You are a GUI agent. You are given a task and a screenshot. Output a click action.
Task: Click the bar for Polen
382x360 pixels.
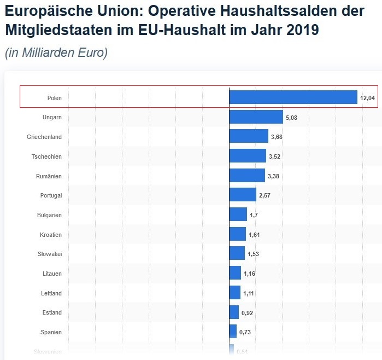click(x=293, y=97)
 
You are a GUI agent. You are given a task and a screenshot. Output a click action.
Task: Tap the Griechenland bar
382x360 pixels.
click(x=249, y=137)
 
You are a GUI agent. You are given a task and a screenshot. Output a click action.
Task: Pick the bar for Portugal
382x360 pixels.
click(x=243, y=195)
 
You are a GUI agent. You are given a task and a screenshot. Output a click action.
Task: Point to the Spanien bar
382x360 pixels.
click(x=233, y=332)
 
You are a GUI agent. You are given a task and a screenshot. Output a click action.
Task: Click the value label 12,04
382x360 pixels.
click(x=367, y=98)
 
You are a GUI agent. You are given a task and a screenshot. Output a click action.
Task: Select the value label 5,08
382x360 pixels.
click(x=291, y=118)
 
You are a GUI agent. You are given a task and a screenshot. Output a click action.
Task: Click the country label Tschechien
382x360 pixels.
click(x=46, y=156)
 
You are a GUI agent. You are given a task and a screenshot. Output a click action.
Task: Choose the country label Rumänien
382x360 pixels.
click(x=49, y=176)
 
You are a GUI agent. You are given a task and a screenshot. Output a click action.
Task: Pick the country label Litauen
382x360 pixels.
click(x=52, y=274)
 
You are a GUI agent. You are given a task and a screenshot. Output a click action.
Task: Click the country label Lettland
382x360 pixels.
click(x=51, y=293)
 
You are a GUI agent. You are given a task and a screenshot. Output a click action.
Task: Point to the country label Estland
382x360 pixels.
click(x=52, y=312)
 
